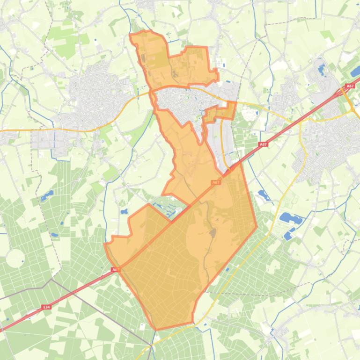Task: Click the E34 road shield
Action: point(46,307)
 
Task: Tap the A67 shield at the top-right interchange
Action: point(350,86)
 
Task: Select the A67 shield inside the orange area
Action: point(215,182)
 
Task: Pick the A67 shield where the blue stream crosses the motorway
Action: point(264,145)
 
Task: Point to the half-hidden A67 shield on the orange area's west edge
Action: point(115,270)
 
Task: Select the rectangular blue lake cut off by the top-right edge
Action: point(355,72)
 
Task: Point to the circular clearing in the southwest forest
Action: point(15,258)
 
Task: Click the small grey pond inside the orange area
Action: point(213,232)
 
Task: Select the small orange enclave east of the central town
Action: point(220,113)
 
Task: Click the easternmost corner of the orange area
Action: point(257,227)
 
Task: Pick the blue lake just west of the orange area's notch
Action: point(124,212)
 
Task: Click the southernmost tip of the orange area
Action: point(157,329)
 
